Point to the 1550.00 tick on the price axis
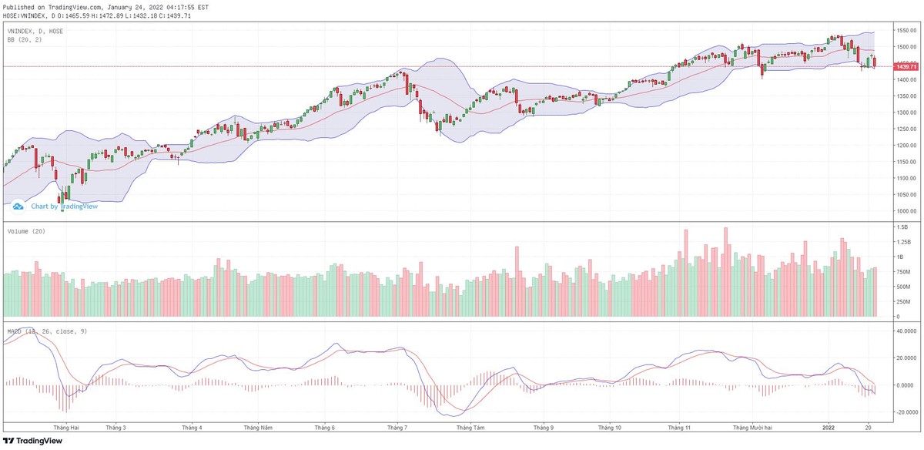click(905, 30)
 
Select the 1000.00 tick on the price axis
click(905, 211)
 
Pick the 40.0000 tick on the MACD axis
click(905, 331)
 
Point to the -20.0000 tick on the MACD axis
click(905, 412)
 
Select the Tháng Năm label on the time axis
click(257, 427)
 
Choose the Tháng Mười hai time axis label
click(752, 427)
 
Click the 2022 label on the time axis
click(829, 427)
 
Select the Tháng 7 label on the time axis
click(397, 427)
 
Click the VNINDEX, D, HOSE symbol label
click(35, 31)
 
